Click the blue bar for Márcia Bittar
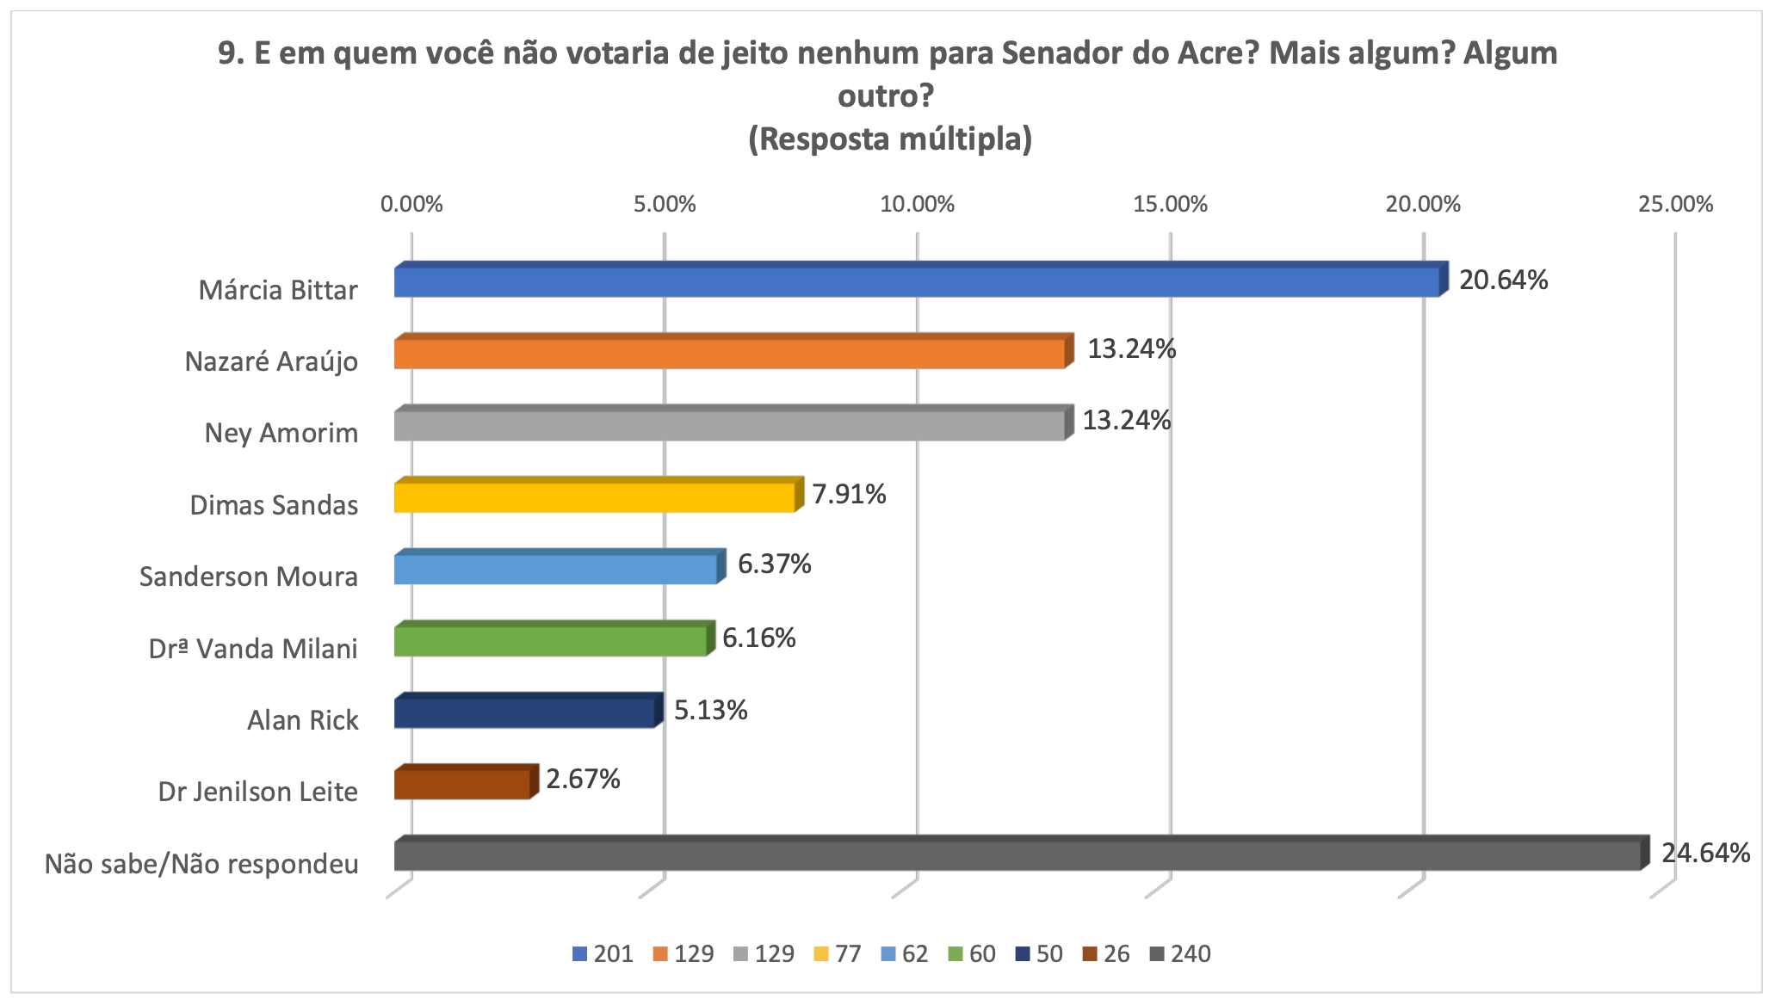point(917,282)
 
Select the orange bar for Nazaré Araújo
point(730,354)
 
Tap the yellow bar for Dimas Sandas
point(594,497)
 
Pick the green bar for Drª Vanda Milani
point(550,641)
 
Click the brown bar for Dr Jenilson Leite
point(462,784)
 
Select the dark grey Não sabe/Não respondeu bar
point(1017,855)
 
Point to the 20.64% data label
point(1503,280)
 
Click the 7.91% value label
point(849,494)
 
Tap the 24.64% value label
point(1705,853)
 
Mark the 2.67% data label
point(583,779)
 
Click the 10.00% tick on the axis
point(918,205)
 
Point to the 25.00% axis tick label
point(1675,205)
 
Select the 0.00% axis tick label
point(411,205)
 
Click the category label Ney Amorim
point(281,432)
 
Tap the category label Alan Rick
point(302,719)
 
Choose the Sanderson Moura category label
point(248,576)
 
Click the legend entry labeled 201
point(603,954)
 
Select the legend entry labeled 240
point(1181,954)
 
